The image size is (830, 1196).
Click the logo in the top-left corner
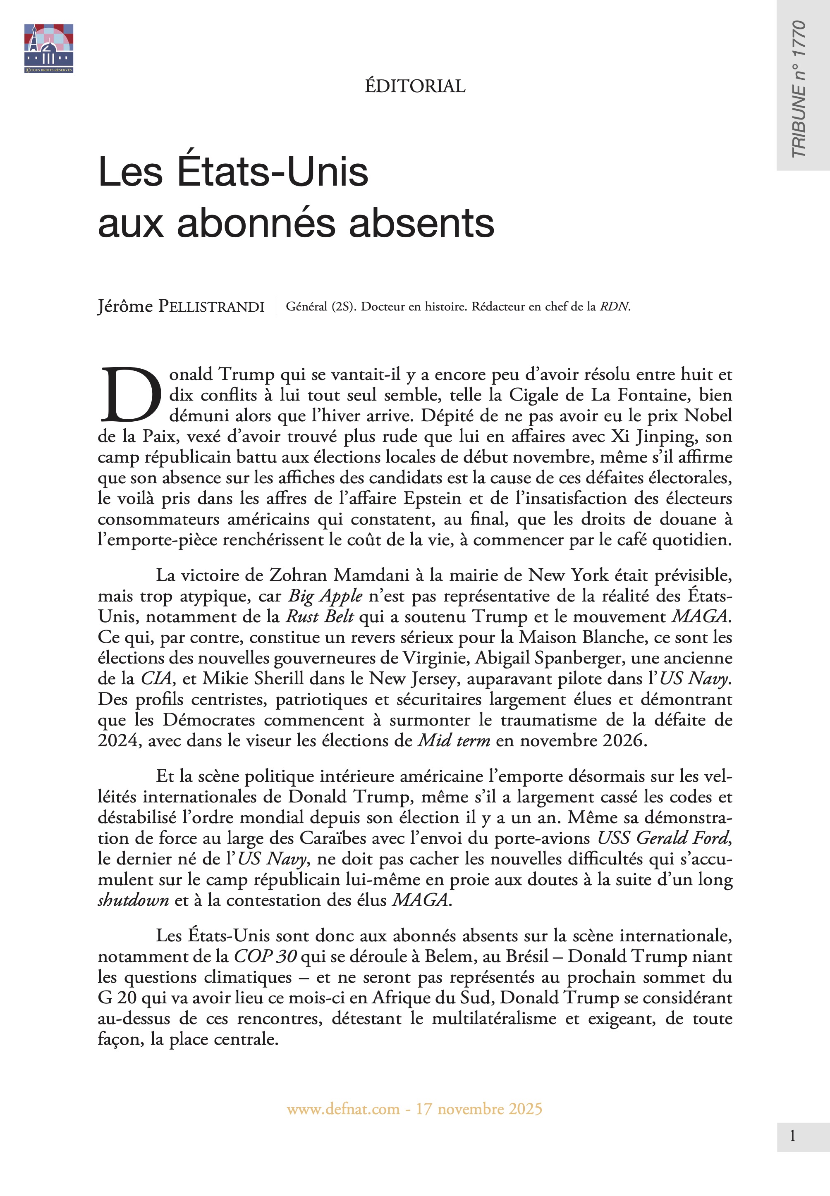click(48, 48)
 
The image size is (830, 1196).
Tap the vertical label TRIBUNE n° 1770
click(798, 89)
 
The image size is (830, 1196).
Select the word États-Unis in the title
click(273, 172)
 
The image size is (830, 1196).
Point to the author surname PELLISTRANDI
click(212, 307)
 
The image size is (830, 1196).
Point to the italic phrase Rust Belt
click(320, 617)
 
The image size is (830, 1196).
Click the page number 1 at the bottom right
click(792, 1136)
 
